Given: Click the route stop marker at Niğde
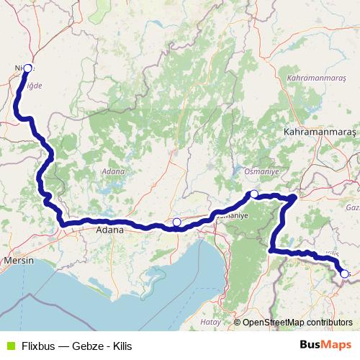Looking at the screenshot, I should pos(28,68).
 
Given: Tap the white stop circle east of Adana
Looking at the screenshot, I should pos(177,222).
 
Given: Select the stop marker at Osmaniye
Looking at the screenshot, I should pos(254,194).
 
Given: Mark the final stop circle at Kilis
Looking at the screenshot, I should pos(344,274).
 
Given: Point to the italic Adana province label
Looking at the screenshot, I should pos(114,171).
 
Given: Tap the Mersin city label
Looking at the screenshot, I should pos(19,260).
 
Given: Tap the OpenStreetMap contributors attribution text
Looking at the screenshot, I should pos(297,323).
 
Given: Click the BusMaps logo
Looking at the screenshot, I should pos(325,345).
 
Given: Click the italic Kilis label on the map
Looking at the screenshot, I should pos(332,255).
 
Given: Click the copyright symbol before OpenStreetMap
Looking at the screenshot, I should pos(237,323).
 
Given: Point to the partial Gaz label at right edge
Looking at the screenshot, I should pos(352,207).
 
